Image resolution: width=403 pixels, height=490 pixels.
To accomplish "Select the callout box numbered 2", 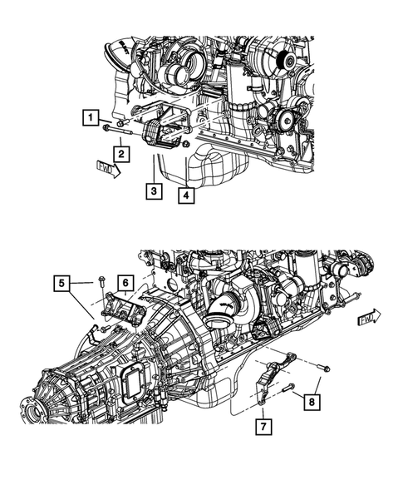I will [120, 153].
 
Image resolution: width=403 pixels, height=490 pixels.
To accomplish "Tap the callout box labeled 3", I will [153, 192].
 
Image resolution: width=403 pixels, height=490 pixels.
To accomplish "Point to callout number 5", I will [62, 285].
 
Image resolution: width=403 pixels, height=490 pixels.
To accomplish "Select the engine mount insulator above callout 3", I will [158, 136].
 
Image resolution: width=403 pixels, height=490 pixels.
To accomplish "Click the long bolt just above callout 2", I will [116, 126].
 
